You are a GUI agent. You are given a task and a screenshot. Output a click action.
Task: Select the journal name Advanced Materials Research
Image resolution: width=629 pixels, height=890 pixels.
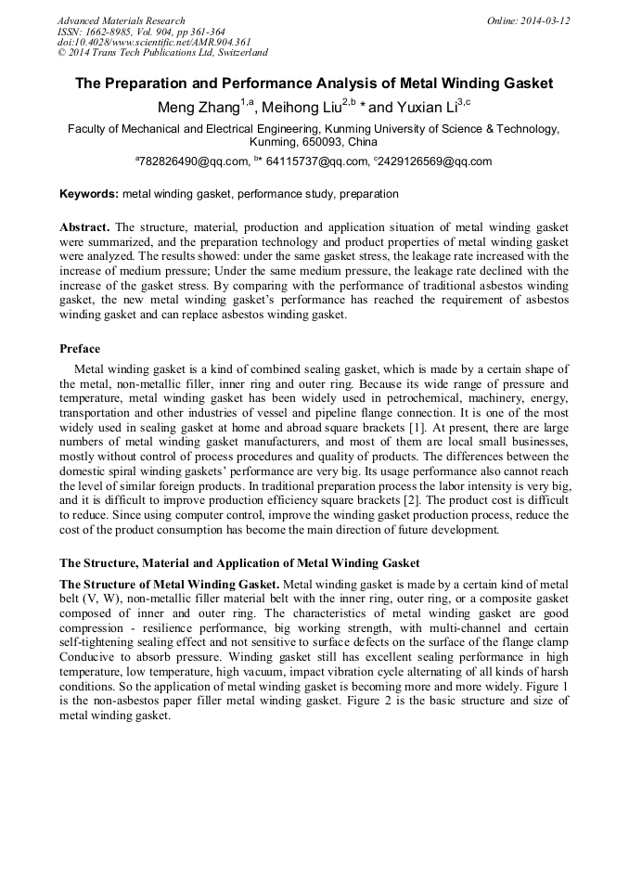click(x=122, y=20)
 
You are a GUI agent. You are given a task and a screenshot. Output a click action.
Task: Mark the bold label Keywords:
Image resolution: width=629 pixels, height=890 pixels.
click(x=89, y=194)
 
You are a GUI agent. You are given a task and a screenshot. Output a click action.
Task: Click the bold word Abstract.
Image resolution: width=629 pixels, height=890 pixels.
click(x=83, y=226)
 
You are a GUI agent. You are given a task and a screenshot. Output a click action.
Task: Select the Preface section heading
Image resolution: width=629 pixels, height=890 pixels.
click(x=80, y=349)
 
